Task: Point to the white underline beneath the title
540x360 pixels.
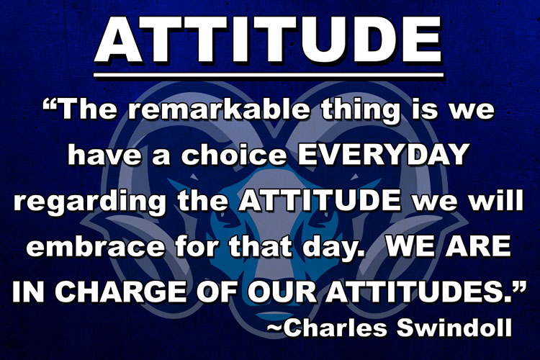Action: (x=269, y=74)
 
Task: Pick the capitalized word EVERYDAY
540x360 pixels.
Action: (x=382, y=154)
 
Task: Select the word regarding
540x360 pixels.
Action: (x=90, y=202)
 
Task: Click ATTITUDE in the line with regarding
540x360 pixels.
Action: (x=320, y=200)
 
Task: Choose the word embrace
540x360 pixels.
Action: (x=95, y=246)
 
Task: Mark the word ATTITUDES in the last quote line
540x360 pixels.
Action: (x=413, y=292)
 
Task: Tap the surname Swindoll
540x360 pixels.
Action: (x=454, y=327)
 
